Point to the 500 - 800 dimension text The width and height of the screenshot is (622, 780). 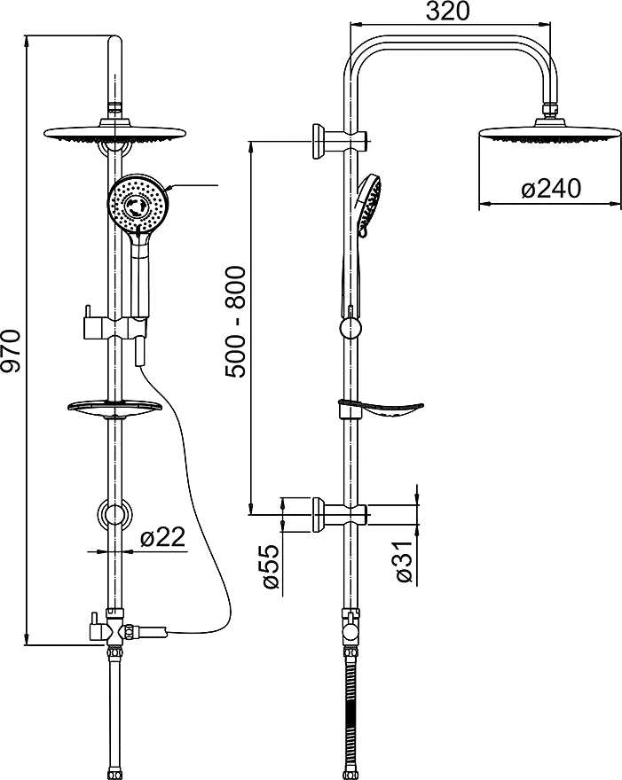click(x=236, y=322)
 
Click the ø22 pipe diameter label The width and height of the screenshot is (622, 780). click(x=162, y=537)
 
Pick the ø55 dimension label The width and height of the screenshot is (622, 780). click(x=270, y=567)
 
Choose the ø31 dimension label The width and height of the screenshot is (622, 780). click(x=404, y=562)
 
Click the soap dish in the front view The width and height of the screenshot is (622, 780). click(x=114, y=409)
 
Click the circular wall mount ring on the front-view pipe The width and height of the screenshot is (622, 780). click(x=114, y=514)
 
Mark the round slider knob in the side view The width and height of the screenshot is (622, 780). click(x=350, y=330)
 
